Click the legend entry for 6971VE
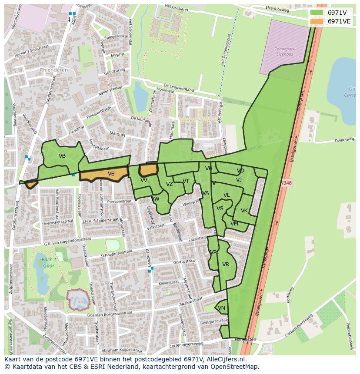coord(339,21)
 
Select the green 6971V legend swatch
coord(317,13)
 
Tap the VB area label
coord(62,156)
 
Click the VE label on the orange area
coord(111,174)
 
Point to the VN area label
coord(221,308)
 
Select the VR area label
coord(226,265)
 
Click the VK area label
coord(244,211)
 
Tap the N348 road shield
coord(286,183)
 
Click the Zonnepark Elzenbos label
coord(285,52)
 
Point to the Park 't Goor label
coord(50,262)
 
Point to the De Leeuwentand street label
coord(179,87)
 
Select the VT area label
coord(186,181)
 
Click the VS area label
coord(220,209)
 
